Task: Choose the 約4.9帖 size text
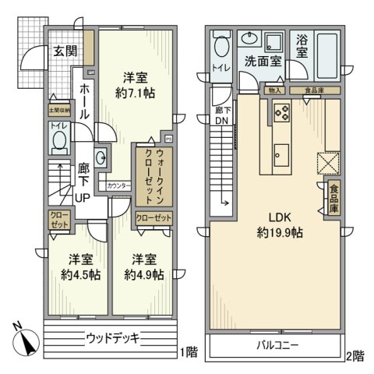point(144,267)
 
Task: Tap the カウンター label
point(118,186)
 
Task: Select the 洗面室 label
point(263,61)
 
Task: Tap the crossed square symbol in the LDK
point(325,161)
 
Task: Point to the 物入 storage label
point(274,90)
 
